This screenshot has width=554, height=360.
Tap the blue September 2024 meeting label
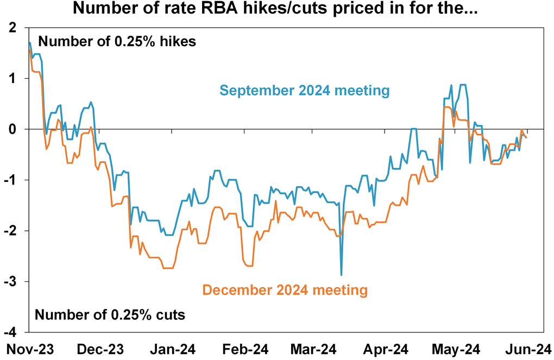tap(304, 91)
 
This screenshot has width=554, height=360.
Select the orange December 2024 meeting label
tap(285, 290)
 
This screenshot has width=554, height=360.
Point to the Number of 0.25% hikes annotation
tap(117, 42)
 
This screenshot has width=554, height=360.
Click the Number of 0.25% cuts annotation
tap(110, 314)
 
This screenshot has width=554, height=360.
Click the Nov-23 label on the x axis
tap(30, 348)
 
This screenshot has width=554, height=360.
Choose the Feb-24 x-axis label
tap(241, 348)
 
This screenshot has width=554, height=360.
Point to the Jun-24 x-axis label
tap(524, 348)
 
